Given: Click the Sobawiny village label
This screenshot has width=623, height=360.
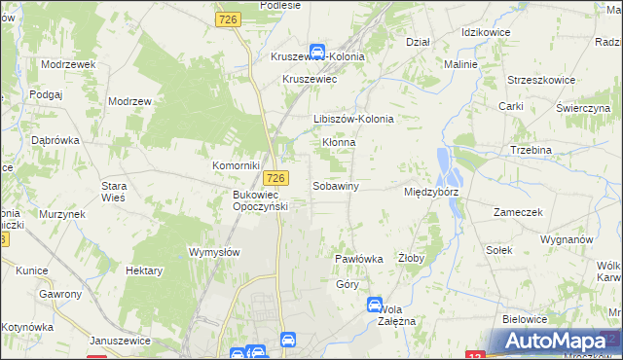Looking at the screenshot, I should (336, 186).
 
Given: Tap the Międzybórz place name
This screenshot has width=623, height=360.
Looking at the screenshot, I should (431, 192).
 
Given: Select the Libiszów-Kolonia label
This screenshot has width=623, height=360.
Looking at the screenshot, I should (353, 119).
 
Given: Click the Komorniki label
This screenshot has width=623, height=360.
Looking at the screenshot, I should (237, 166).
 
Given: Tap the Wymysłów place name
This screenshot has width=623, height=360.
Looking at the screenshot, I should (213, 251).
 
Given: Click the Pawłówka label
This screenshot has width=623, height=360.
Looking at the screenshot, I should (359, 259).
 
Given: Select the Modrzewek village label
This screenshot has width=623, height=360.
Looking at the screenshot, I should (67, 63).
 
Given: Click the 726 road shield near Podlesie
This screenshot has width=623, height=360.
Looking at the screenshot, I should (230, 19).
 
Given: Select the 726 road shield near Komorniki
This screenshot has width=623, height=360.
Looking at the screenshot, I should (276, 177).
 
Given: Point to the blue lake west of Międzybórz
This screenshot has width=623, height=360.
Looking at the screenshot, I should (448, 168).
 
